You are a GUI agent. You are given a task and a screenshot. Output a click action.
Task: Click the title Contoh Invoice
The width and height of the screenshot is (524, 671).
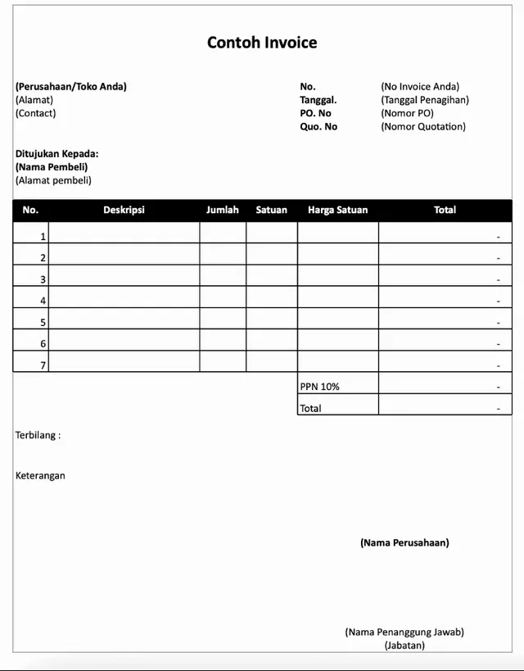click(x=262, y=43)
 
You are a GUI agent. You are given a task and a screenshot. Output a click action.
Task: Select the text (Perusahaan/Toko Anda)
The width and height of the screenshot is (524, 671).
click(x=71, y=86)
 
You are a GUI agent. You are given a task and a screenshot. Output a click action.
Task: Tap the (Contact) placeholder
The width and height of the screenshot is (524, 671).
click(x=36, y=113)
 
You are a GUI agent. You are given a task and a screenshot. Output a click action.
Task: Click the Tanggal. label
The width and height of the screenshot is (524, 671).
click(x=318, y=100)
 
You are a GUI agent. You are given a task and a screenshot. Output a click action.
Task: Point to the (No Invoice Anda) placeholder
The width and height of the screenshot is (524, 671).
click(x=420, y=86)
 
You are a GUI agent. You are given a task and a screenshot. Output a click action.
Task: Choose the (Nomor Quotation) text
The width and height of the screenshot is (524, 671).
click(x=423, y=126)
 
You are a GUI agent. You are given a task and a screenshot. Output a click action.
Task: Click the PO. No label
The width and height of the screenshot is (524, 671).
click(x=315, y=113)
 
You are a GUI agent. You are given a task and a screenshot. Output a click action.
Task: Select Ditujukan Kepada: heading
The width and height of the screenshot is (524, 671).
click(x=57, y=153)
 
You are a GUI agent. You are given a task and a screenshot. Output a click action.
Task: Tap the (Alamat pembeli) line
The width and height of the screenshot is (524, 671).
click(x=54, y=180)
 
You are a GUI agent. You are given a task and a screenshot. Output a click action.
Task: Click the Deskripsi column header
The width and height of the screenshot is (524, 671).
click(x=124, y=210)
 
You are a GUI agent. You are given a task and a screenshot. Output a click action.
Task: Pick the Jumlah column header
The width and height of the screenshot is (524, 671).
click(x=223, y=210)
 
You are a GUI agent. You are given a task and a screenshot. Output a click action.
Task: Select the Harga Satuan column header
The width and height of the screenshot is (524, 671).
click(x=337, y=210)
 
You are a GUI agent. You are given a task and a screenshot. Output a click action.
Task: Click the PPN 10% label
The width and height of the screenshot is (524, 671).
click(x=319, y=386)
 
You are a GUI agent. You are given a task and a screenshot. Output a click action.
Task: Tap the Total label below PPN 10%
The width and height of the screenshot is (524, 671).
click(x=310, y=408)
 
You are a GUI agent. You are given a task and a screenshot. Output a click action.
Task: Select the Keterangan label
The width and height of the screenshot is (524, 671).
click(x=40, y=475)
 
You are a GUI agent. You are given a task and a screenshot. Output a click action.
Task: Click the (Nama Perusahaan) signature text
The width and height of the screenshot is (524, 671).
click(x=404, y=542)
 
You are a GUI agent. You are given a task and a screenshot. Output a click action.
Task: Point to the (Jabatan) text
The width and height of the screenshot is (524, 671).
click(x=404, y=645)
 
